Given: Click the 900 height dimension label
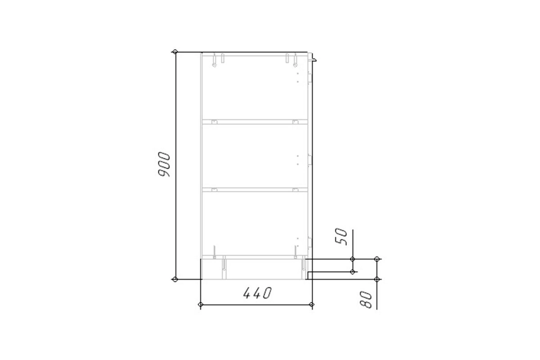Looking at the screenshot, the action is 164,164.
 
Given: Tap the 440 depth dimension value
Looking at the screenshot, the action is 257,293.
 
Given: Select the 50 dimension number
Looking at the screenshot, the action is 342,237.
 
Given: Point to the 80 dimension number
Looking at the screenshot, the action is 366,300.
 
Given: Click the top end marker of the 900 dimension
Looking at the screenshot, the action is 175,52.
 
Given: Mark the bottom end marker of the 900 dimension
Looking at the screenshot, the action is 175,279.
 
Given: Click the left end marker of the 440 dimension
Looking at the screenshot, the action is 201,305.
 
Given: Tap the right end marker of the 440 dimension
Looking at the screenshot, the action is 312,305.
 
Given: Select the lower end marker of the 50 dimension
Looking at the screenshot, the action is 352,272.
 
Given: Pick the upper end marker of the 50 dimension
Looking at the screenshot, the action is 352,259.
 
